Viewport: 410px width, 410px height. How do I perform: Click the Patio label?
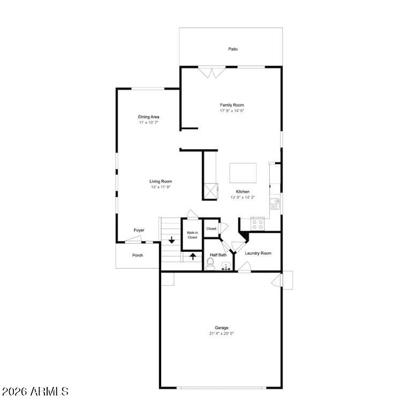pyautogui.click(x=233, y=49)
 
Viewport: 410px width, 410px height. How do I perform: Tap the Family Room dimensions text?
pyautogui.click(x=232, y=111)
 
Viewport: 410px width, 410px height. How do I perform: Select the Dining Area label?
pyautogui.click(x=148, y=117)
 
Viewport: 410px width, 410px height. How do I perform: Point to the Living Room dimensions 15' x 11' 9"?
pyautogui.click(x=161, y=187)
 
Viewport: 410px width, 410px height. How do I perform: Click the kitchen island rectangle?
pyautogui.click(x=243, y=173)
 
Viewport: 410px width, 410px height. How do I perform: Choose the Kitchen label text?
pyautogui.click(x=242, y=192)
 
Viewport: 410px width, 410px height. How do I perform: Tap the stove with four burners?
pyautogui.click(x=257, y=224)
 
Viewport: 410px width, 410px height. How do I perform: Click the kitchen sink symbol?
pyautogui.click(x=275, y=204)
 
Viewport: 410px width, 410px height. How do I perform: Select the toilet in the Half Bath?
pyautogui.click(x=210, y=264)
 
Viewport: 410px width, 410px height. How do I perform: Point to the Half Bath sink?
pyautogui.click(x=226, y=267)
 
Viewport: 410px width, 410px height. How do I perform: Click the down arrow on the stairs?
pyautogui.click(x=171, y=240)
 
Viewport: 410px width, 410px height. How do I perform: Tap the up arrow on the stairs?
pyautogui.click(x=193, y=256)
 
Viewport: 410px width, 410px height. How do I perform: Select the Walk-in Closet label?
pyautogui.click(x=192, y=235)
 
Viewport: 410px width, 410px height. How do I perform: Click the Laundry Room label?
pyautogui.click(x=258, y=253)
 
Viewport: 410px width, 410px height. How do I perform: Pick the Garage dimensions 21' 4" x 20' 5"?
pyautogui.click(x=221, y=333)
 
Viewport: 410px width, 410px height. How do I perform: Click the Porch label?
pyautogui.click(x=138, y=255)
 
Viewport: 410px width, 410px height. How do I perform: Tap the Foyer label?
pyautogui.click(x=139, y=230)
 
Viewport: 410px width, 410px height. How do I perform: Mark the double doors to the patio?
pyautogui.click(x=211, y=72)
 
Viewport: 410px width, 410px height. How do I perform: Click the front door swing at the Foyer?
pyautogui.click(x=133, y=239)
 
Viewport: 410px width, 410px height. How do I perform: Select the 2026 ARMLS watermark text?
pyautogui.click(x=35, y=391)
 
